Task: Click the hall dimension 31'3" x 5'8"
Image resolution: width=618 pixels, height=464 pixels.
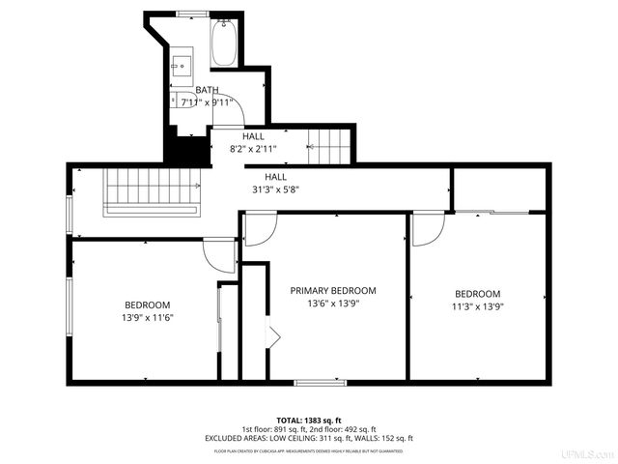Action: coord(275,190)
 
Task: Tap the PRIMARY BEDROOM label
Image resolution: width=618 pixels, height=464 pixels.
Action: coord(333,290)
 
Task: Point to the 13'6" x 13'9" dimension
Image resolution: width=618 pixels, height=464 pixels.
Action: coord(333,304)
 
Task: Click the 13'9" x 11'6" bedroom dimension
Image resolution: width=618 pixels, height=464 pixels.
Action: coord(147,317)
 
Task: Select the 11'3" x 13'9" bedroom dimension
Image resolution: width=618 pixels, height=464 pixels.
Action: coord(478,307)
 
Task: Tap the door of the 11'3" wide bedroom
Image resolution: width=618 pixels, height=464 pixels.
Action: coord(427,227)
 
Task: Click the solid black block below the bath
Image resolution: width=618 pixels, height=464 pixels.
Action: coord(188,152)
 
